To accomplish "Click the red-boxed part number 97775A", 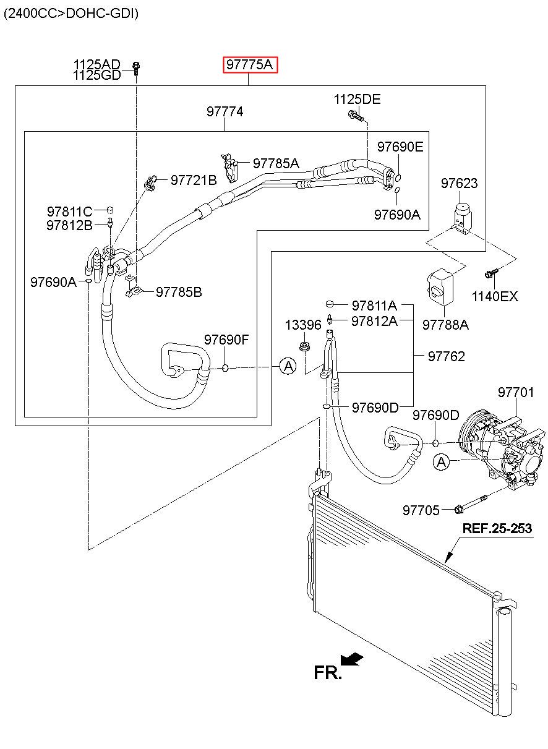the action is point(250,64).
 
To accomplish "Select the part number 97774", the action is point(225,111).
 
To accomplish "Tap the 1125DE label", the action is point(357,100).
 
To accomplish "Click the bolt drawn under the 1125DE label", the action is point(356,116).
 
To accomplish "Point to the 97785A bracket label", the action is point(276,163).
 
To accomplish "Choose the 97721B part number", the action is point(194,180).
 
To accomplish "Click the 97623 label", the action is point(459,183).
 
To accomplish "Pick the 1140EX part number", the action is point(495,296).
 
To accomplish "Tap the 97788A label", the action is point(445,325).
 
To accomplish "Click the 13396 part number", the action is point(303,325).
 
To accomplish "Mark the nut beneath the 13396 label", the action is point(304,346).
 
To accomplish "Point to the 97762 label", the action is point(447,356).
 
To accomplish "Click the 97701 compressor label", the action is point(516,392).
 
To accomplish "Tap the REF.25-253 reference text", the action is point(497,528).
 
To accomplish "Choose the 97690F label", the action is point(226,340).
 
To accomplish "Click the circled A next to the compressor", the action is point(442,462).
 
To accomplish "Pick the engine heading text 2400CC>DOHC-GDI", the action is point(71,14).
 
